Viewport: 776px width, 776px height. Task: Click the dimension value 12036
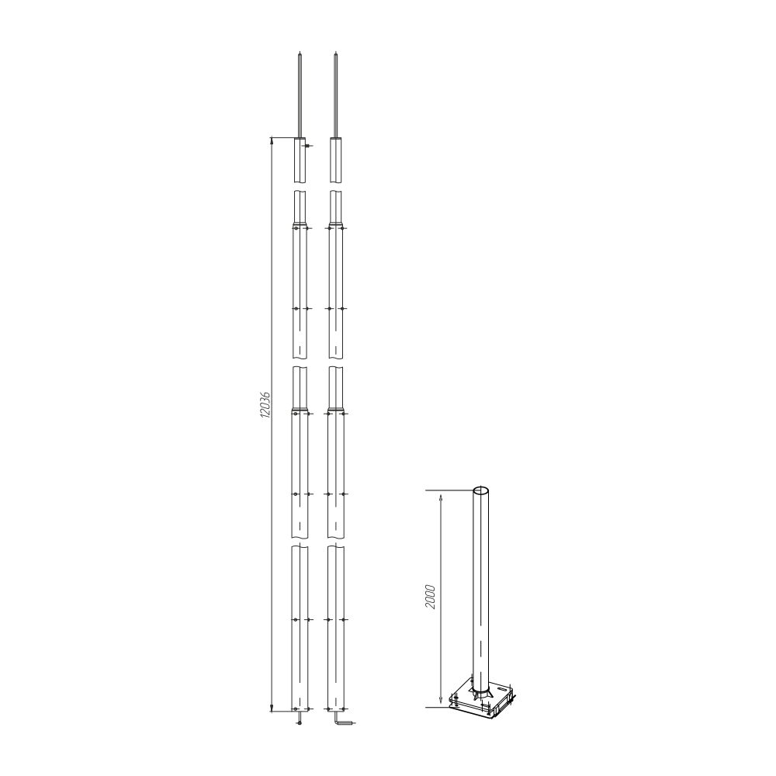(265, 404)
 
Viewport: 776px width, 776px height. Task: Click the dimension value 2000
(430, 597)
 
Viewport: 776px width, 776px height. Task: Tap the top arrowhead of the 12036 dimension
(271, 141)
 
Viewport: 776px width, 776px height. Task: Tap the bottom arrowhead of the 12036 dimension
(271, 708)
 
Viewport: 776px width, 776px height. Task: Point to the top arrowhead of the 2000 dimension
(441, 494)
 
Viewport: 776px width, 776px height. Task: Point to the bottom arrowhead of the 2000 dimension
(441, 703)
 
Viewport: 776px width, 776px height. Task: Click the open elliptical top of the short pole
(481, 490)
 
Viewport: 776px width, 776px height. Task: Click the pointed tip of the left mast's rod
(300, 51)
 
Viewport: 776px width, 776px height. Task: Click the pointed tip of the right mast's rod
(336, 51)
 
